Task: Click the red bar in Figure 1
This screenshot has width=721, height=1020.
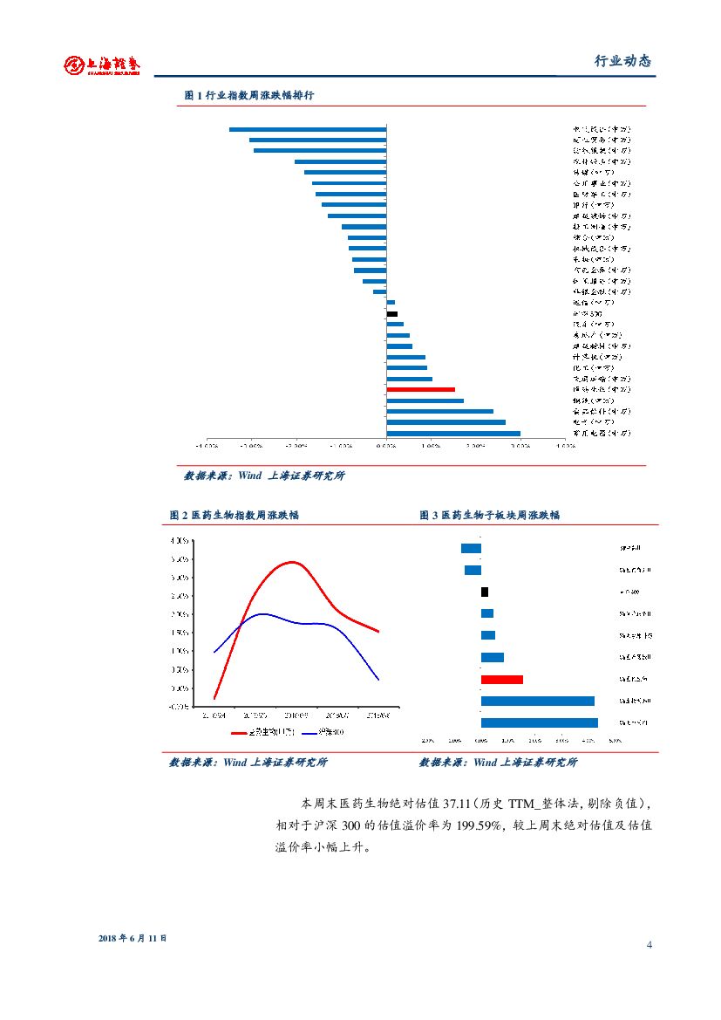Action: pos(420,389)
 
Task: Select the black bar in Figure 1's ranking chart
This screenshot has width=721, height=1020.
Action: pos(392,313)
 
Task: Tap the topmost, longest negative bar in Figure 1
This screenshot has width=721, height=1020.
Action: pos(308,129)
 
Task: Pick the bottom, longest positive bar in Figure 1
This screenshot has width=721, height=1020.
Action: pos(453,433)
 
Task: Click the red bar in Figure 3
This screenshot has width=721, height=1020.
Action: pos(502,679)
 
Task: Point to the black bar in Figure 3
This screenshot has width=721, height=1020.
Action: pos(485,592)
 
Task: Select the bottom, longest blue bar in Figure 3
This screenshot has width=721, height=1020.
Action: pos(540,722)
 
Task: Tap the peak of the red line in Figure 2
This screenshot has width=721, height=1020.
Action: pos(292,562)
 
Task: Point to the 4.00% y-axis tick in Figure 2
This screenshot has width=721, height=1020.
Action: pos(180,541)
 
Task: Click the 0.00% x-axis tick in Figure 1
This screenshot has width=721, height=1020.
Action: pos(386,446)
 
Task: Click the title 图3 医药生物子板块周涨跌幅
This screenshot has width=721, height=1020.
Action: pos(490,515)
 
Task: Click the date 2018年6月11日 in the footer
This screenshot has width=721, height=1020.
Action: pos(133,938)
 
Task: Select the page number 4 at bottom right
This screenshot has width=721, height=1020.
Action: pos(650,946)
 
